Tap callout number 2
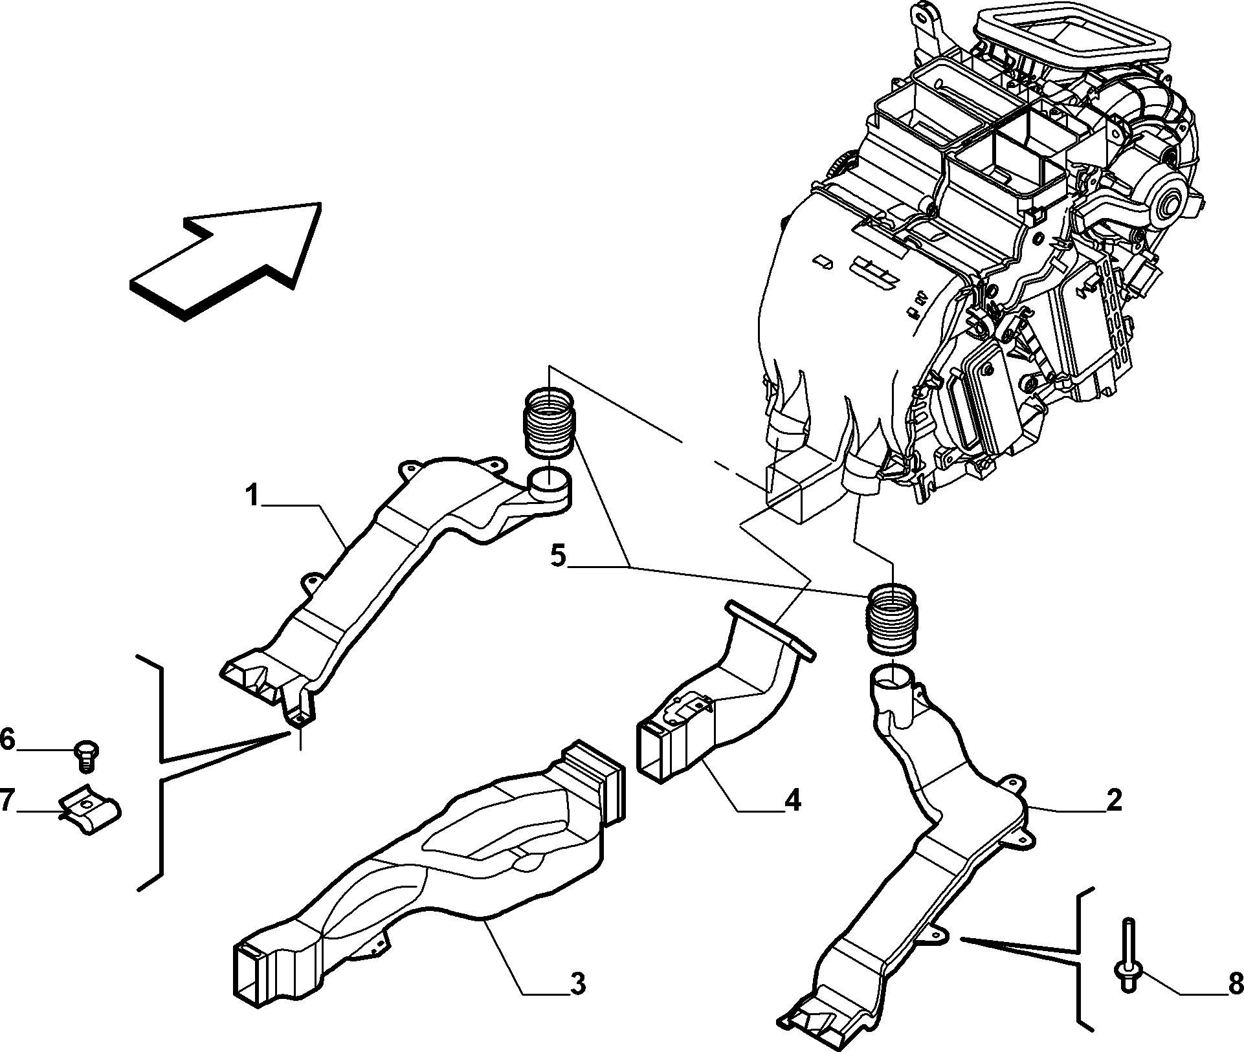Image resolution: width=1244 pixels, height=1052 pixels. [x=1113, y=801]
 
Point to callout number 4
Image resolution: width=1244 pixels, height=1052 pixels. [x=792, y=801]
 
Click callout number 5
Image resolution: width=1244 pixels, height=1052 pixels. [x=558, y=556]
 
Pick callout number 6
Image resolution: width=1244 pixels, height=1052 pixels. [x=6, y=739]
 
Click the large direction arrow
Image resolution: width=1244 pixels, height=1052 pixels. [x=226, y=261]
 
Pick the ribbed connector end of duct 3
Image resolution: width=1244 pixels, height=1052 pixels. [x=593, y=784]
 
